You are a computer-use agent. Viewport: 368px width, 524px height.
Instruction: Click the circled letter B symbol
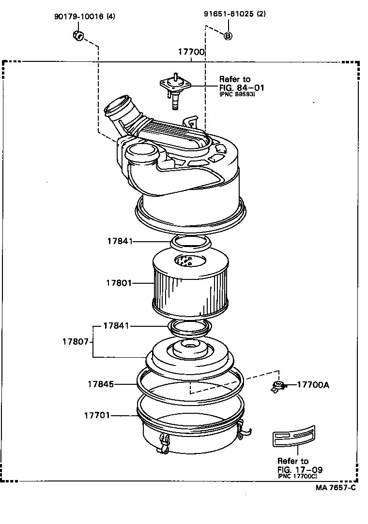click(228, 35)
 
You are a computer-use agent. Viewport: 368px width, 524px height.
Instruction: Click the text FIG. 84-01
click(242, 87)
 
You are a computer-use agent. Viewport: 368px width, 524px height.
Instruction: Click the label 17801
click(119, 282)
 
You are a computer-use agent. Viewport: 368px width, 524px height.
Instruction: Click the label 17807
click(75, 341)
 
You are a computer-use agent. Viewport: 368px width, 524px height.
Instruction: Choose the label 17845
click(101, 384)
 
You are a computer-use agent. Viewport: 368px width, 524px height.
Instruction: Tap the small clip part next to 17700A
click(278, 386)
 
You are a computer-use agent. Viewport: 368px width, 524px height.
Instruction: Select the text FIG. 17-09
click(300, 469)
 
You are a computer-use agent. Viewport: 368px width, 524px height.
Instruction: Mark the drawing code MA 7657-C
click(336, 487)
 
